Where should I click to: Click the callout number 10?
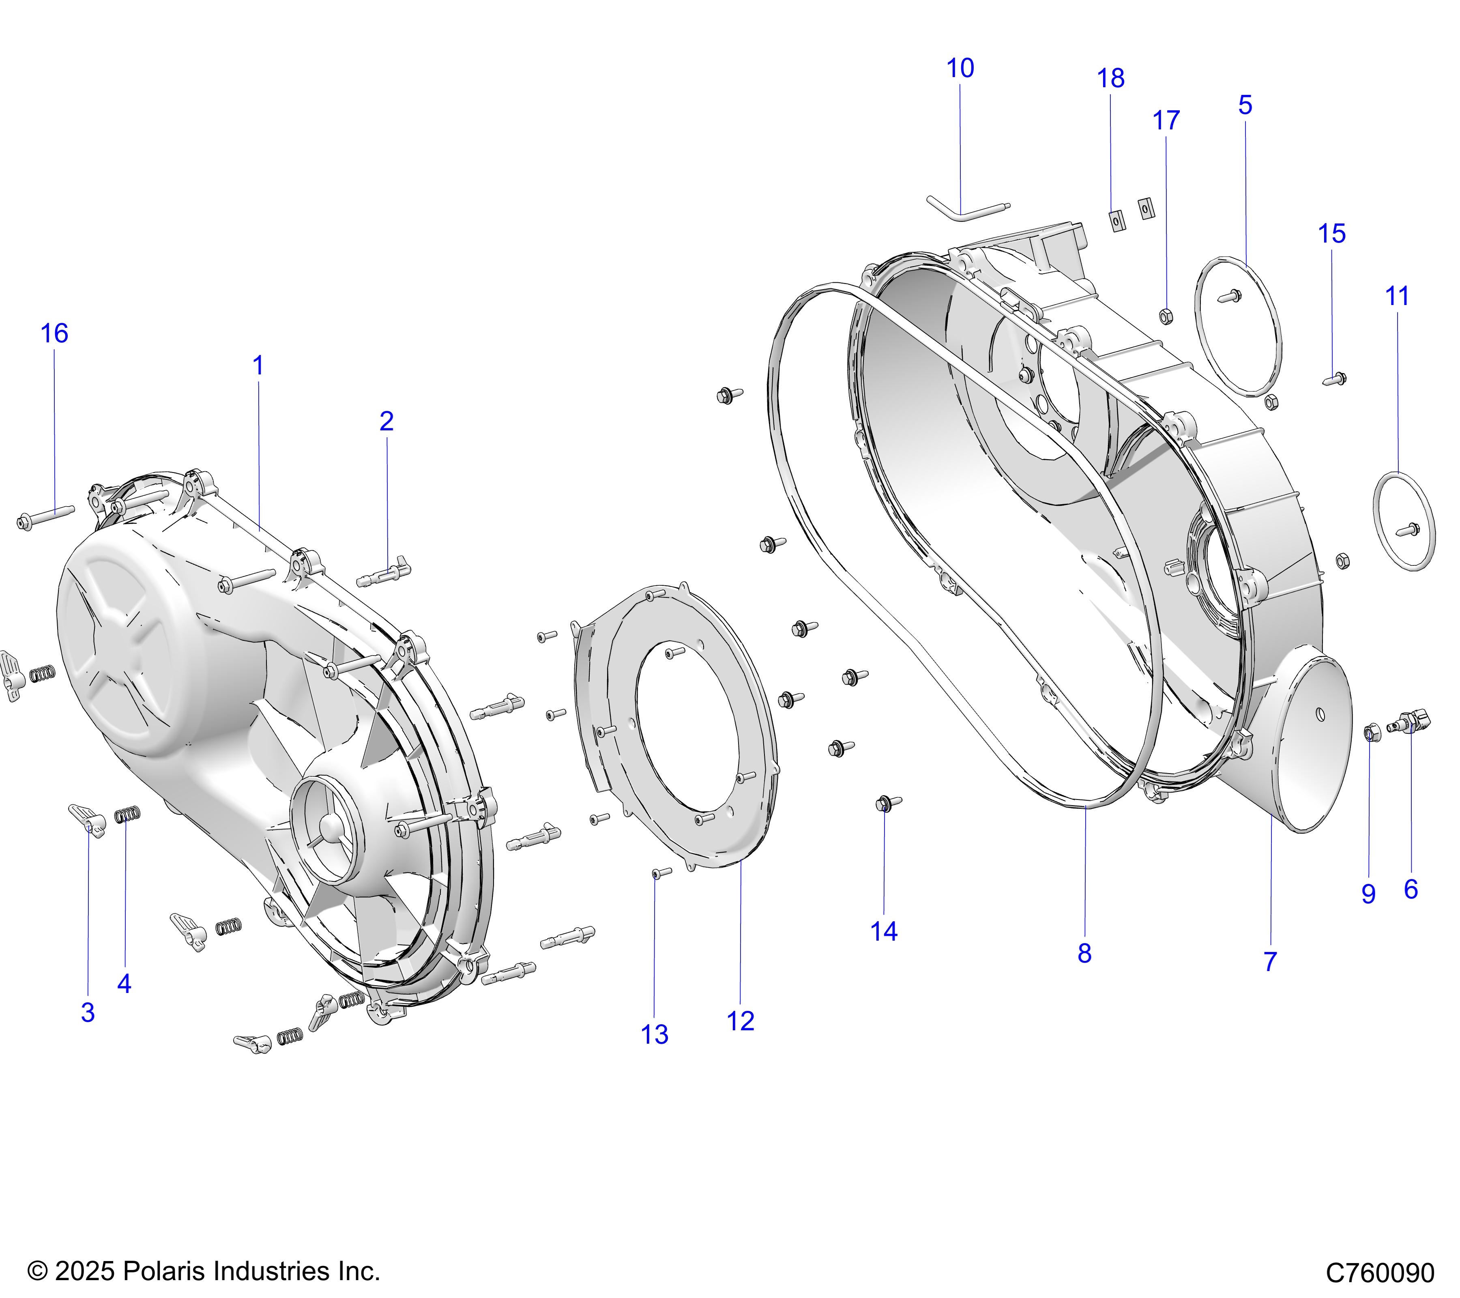(960, 69)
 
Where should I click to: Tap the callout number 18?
(1111, 79)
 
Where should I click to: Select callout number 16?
(54, 333)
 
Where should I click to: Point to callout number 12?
(741, 1021)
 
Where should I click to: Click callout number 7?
(1270, 962)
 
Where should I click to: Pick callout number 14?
(884, 932)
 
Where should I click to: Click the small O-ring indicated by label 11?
(1404, 521)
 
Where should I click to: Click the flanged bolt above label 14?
(887, 804)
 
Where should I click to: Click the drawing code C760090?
(1380, 1273)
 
